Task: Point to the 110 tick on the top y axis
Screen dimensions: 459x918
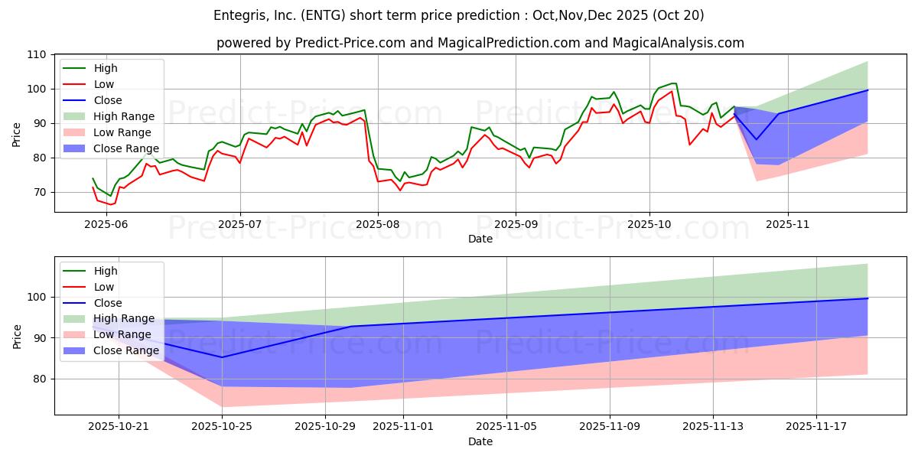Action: click(37, 54)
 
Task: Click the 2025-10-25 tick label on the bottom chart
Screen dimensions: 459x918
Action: click(222, 427)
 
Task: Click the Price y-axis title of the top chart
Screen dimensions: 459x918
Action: click(17, 135)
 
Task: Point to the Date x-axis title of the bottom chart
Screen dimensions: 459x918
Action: click(480, 441)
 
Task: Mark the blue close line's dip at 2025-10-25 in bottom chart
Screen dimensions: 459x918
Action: click(222, 357)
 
